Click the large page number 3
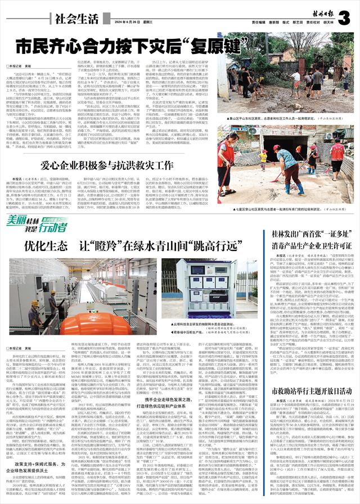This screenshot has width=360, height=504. click(345, 17)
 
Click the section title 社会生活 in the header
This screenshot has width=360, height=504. click(76, 17)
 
